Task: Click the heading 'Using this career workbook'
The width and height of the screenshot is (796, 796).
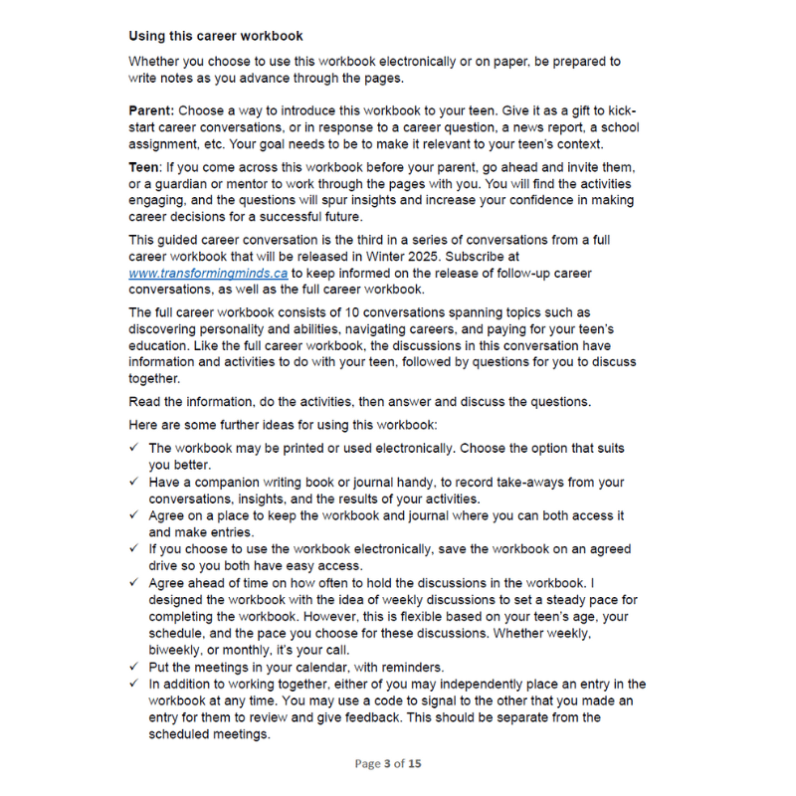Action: pyautogui.click(x=216, y=36)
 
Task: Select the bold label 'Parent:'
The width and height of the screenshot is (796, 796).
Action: pyautogui.click(x=153, y=111)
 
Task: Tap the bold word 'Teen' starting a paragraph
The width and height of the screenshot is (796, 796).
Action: pyautogui.click(x=144, y=167)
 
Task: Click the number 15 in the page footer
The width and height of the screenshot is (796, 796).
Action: pyautogui.click(x=414, y=764)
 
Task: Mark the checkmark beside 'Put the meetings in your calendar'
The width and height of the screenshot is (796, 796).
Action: pyautogui.click(x=134, y=668)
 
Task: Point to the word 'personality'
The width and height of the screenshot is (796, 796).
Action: pyautogui.click(x=233, y=328)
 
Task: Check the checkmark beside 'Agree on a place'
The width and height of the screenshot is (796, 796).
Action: pyautogui.click(x=134, y=516)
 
